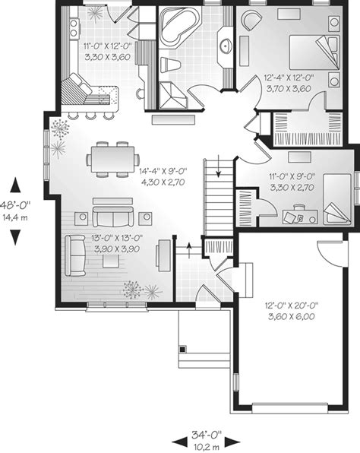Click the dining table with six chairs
(x=113, y=159)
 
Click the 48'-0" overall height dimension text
(x=15, y=205)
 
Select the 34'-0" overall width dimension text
(x=206, y=434)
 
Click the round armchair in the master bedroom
(x=252, y=20)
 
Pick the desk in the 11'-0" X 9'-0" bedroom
(x=300, y=217)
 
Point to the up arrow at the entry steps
(x=189, y=250)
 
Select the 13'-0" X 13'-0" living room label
(x=117, y=238)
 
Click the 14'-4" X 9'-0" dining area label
(x=163, y=171)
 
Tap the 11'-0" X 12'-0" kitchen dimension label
(x=108, y=46)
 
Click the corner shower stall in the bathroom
(x=172, y=96)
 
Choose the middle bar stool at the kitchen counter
(x=90, y=116)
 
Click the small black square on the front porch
(x=182, y=350)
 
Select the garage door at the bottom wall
(x=290, y=408)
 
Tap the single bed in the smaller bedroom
(x=337, y=199)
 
